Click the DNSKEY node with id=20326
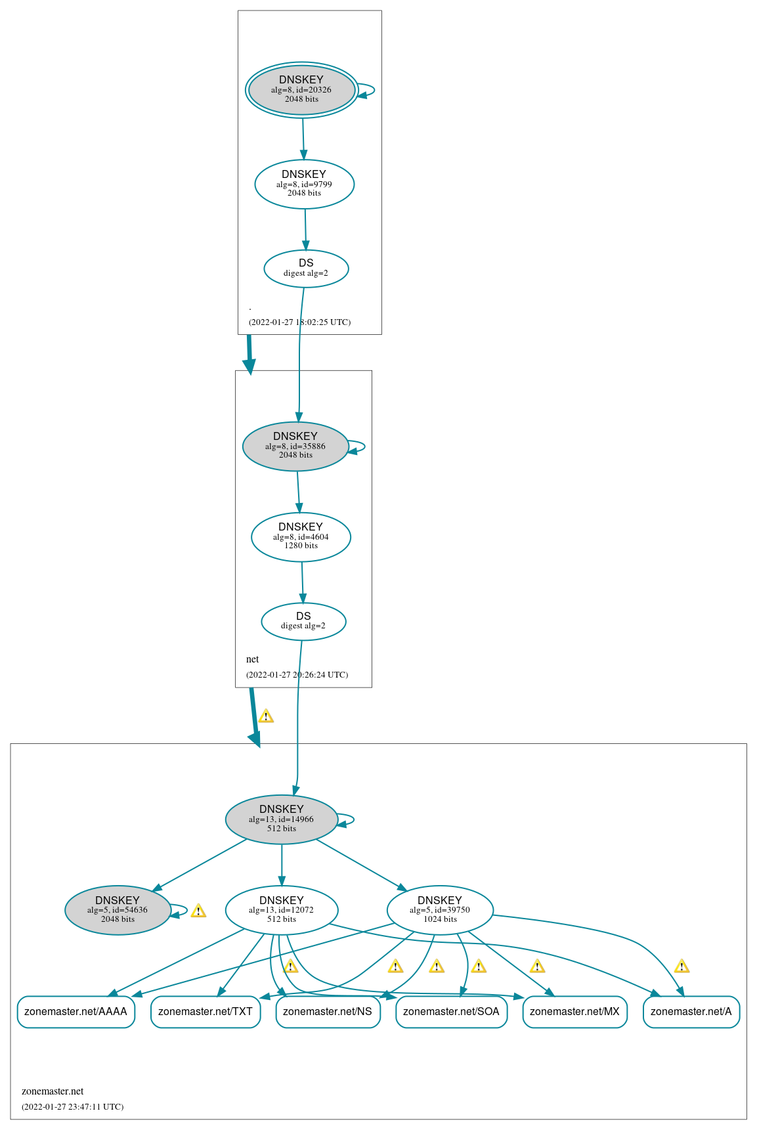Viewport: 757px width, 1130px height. (x=301, y=90)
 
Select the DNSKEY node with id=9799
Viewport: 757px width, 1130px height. (x=304, y=184)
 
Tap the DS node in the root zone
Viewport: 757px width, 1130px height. (x=306, y=268)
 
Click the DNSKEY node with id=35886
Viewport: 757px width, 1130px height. (x=295, y=446)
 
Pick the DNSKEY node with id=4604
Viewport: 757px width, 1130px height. (x=301, y=536)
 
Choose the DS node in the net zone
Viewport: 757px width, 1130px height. (x=303, y=621)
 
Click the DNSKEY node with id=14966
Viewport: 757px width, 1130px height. (x=281, y=819)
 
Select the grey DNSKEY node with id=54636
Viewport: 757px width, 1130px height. (x=118, y=909)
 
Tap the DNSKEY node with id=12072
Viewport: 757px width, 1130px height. (x=281, y=909)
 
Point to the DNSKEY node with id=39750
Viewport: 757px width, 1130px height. (x=440, y=909)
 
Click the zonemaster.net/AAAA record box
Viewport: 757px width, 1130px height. (x=76, y=1011)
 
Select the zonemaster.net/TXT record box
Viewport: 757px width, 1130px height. (x=205, y=1011)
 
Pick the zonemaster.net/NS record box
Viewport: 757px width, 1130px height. (x=328, y=1011)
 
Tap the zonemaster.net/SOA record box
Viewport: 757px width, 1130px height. (x=451, y=1011)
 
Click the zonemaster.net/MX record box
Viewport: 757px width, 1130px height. (x=574, y=1011)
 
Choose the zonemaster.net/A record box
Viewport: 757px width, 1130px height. (x=691, y=1011)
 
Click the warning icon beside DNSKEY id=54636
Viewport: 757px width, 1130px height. (x=198, y=911)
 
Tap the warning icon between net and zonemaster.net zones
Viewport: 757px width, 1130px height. (x=266, y=716)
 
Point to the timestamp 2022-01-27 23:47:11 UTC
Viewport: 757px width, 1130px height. (x=72, y=1106)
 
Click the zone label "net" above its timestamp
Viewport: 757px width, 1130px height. (x=253, y=659)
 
